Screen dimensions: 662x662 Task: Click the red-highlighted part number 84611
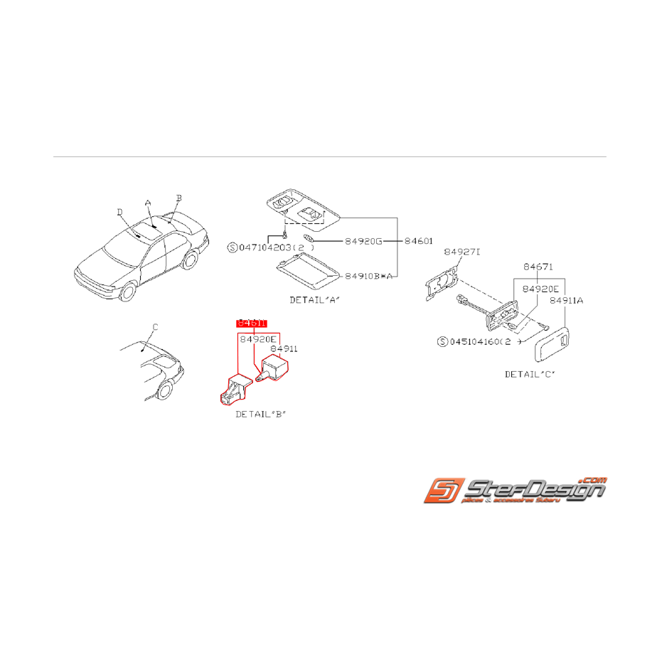coord(252,323)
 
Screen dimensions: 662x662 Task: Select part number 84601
coord(418,242)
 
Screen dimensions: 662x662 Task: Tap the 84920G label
coord(363,242)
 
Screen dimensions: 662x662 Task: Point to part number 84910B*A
coord(369,275)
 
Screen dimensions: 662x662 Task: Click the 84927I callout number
coord(463,252)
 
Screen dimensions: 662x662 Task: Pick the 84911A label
coord(566,300)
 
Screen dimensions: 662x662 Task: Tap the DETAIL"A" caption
coord(314,299)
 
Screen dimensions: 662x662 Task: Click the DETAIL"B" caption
coord(260,413)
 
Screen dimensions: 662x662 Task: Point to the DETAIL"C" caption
coord(530,373)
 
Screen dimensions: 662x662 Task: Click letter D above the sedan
coord(119,211)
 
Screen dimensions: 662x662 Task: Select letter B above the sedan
coord(179,198)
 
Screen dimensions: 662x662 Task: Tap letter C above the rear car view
coord(155,326)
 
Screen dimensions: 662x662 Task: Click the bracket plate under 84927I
coord(439,284)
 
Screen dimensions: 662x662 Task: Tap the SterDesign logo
coord(515,491)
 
